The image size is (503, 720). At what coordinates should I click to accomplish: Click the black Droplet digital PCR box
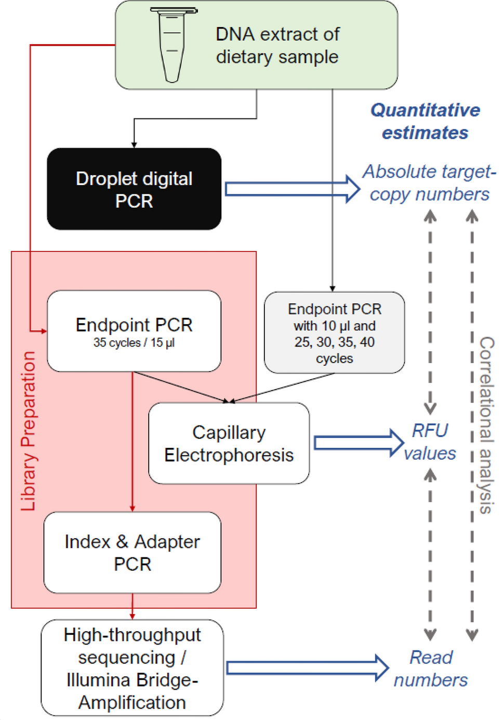click(x=134, y=189)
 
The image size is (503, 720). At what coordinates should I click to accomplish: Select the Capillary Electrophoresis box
click(x=229, y=443)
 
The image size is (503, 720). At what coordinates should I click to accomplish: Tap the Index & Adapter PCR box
click(x=133, y=552)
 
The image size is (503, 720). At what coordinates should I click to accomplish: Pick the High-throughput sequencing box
click(x=133, y=668)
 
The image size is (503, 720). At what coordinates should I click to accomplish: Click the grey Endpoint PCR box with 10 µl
click(x=334, y=332)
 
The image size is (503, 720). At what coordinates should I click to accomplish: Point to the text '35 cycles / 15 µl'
click(x=134, y=343)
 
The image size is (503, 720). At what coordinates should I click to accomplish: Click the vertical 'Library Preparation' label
click(x=28, y=431)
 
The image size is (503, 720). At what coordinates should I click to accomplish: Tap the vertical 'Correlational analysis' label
click(x=486, y=425)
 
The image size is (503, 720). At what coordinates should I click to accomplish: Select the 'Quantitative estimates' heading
click(x=425, y=121)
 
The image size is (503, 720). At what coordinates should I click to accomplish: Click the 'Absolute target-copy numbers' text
click(x=429, y=182)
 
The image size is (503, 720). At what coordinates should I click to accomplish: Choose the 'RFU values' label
click(x=430, y=442)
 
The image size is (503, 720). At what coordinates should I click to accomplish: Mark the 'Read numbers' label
click(x=431, y=668)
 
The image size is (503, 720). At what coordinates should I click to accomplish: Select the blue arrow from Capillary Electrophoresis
click(x=359, y=443)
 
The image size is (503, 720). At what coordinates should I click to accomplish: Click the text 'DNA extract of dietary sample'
click(x=277, y=45)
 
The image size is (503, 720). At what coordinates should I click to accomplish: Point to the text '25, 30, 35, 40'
click(x=334, y=342)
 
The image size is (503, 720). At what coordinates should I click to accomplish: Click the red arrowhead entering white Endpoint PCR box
click(x=44, y=331)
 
